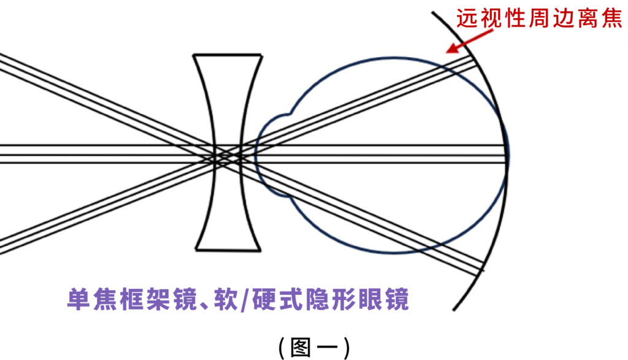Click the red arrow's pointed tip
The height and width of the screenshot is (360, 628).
point(447,53)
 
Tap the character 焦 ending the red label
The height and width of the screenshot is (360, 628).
point(612,18)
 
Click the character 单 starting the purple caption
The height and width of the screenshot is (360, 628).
point(78,299)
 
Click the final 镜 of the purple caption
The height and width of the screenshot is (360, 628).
point(397,299)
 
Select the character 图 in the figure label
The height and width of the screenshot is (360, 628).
point(301,347)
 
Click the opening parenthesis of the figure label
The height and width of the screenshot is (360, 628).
point(281,347)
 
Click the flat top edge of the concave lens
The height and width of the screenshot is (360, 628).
point(228,55)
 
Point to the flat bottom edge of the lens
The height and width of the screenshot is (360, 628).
point(228,250)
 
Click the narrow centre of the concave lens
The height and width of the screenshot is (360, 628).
point(228,154)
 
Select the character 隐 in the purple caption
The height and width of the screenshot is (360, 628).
point(318,299)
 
